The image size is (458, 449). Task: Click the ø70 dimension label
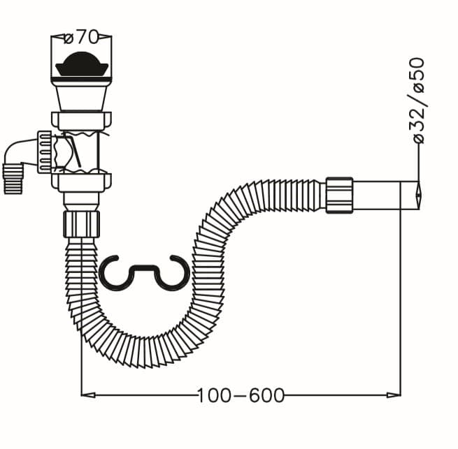pos(82,37)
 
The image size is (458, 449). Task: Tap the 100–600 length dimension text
pos(241,396)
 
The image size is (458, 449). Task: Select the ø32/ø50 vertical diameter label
pos(419,101)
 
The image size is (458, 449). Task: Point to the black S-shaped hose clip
pos(145,273)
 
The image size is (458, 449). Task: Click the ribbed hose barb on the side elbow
pos(13,179)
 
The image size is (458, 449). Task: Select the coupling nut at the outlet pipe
pos(339,196)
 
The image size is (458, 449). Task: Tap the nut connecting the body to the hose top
pos(82,224)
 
